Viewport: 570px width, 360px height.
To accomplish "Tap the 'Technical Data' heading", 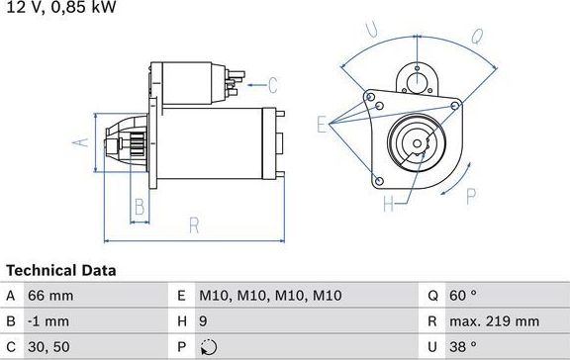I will [61, 270].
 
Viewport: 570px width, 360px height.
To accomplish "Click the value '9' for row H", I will [204, 320].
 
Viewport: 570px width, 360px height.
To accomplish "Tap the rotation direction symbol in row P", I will [207, 346].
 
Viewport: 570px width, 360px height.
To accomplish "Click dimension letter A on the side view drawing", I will [82, 141].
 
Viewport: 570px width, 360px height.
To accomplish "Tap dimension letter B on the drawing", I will [140, 207].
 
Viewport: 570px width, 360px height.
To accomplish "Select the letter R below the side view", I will [194, 225].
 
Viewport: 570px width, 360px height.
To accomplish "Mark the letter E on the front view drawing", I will [322, 124].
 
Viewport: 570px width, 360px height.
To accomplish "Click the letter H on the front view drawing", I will [388, 204].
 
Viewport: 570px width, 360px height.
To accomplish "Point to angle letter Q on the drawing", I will [476, 38].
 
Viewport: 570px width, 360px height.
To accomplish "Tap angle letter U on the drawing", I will [371, 31].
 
